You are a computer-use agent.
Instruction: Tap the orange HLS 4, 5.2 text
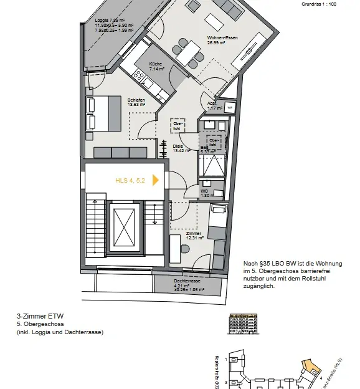pos(130,180)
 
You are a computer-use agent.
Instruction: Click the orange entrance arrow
pos(156,180)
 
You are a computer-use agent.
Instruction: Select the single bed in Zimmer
pos(218,222)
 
